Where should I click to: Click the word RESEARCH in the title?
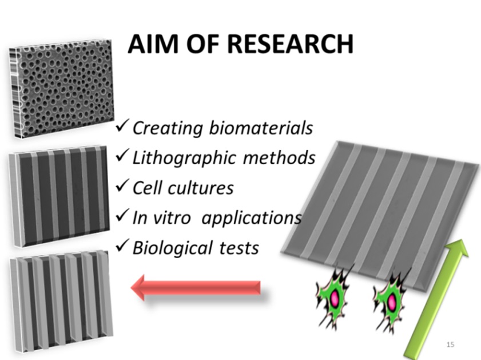point(290,44)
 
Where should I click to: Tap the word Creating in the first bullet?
point(168,128)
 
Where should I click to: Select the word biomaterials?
point(261,128)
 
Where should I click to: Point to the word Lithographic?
point(184,159)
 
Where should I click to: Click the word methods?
point(279,157)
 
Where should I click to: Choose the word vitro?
point(171,218)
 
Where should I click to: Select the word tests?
point(239,248)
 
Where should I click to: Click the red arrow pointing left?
point(196,287)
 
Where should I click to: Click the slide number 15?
point(450,345)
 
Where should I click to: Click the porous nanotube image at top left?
point(61,89)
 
